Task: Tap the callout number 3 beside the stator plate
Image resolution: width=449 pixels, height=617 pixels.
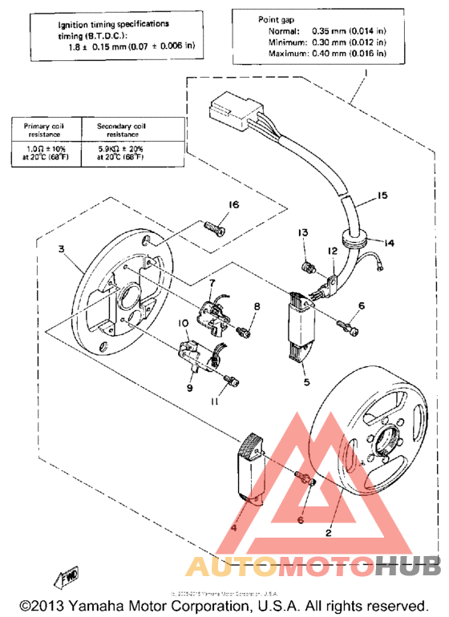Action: (x=60, y=249)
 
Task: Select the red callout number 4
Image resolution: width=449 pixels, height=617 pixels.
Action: (x=235, y=528)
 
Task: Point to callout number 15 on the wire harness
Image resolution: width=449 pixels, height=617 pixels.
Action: (x=382, y=196)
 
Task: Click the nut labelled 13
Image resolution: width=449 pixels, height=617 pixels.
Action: (x=305, y=264)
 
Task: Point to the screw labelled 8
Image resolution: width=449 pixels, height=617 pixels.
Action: (x=245, y=329)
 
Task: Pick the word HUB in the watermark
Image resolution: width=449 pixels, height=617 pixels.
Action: (x=408, y=567)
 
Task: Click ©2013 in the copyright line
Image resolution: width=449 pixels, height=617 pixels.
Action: (x=42, y=604)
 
